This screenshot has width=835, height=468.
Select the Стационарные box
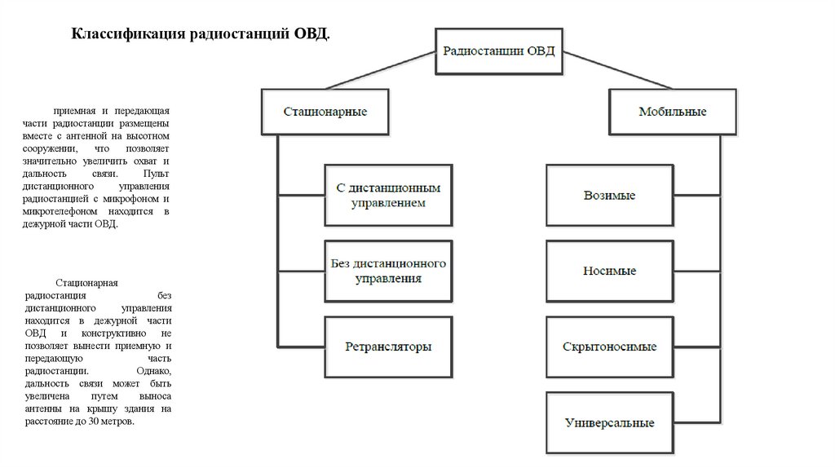click(x=325, y=111)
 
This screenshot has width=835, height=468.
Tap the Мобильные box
click(x=672, y=111)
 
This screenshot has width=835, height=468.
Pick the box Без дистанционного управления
click(x=387, y=272)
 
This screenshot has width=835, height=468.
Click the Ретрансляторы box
click(x=387, y=346)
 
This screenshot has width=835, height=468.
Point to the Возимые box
click(x=609, y=196)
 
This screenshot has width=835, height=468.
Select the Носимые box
click(x=609, y=271)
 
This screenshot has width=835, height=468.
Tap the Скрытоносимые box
click(x=609, y=347)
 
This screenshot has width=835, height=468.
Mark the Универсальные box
click(x=609, y=423)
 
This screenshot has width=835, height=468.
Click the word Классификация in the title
click(x=126, y=34)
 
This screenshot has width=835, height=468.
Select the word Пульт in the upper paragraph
click(x=156, y=174)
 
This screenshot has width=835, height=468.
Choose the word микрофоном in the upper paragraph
click(x=136, y=198)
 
